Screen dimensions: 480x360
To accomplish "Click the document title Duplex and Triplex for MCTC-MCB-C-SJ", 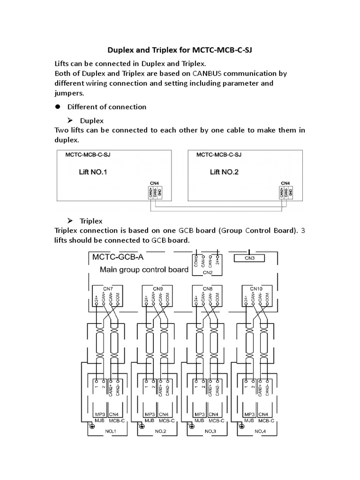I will [180, 50].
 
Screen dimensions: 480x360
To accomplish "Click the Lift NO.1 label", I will [93, 172].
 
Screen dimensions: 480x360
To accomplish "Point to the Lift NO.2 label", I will [224, 172].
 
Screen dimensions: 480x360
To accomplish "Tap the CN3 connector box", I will [249, 258].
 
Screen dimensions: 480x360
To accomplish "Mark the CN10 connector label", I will [256, 289].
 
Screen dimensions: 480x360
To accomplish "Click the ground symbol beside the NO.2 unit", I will [141, 427].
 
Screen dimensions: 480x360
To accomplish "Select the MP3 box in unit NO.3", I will [199, 414].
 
